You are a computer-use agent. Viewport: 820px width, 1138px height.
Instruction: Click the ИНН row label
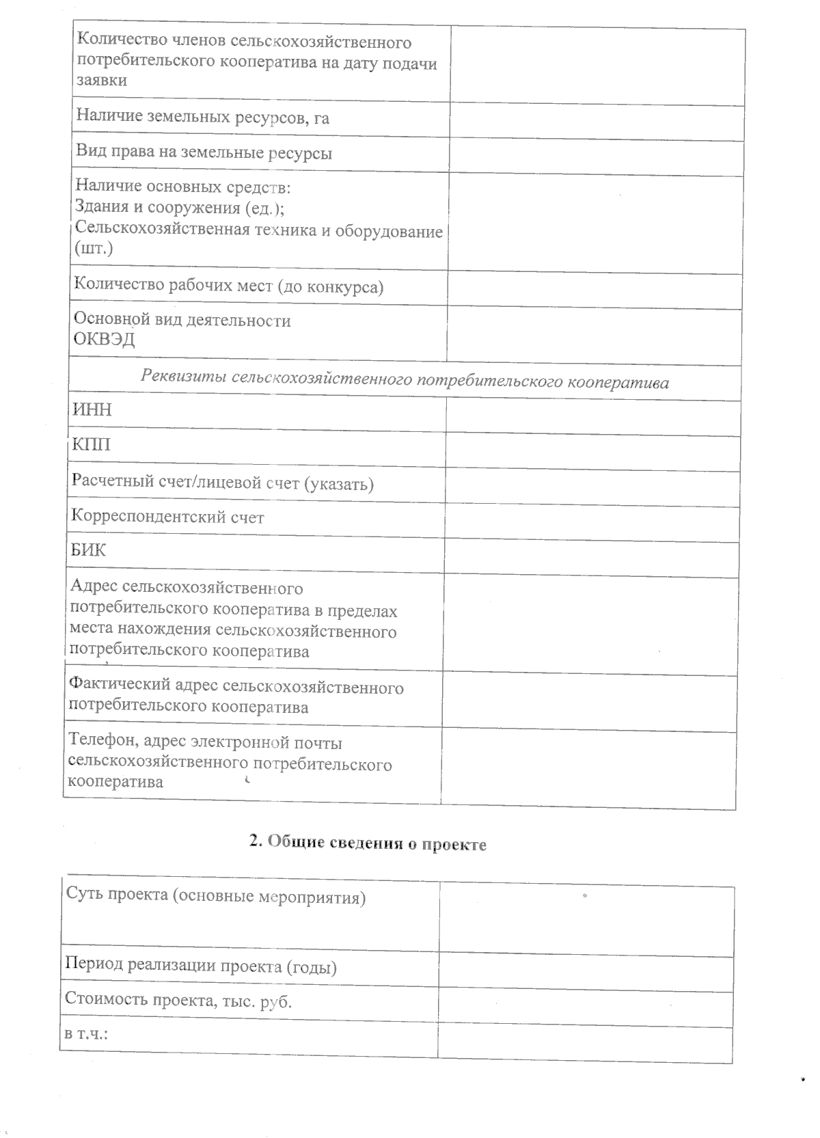point(92,410)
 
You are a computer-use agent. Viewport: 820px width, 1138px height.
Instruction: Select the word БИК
point(89,550)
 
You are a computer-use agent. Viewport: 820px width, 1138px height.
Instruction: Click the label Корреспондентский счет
point(167,517)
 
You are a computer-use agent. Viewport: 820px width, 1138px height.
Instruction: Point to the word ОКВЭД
point(104,340)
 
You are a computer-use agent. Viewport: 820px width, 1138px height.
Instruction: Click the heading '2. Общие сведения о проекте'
point(368,843)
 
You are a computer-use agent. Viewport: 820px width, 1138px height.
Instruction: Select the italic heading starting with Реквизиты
point(405,381)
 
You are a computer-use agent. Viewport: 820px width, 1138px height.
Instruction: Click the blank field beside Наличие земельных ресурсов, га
point(596,122)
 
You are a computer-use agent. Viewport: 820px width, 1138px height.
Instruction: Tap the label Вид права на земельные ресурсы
point(204,153)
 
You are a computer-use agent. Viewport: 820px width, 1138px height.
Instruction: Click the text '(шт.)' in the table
point(94,249)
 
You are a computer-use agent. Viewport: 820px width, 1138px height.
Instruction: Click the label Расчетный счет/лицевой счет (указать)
point(222,483)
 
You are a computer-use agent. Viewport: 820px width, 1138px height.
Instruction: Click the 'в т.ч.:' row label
point(87,1034)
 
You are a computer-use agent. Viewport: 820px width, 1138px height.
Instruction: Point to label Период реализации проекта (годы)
point(201,966)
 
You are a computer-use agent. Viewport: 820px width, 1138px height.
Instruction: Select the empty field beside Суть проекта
point(586,920)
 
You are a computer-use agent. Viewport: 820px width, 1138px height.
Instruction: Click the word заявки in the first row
point(101,80)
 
